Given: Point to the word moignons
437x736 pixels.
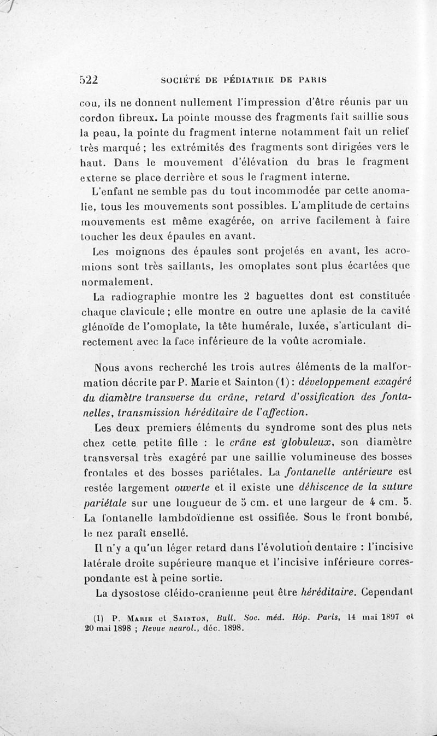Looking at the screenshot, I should tap(143, 252).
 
